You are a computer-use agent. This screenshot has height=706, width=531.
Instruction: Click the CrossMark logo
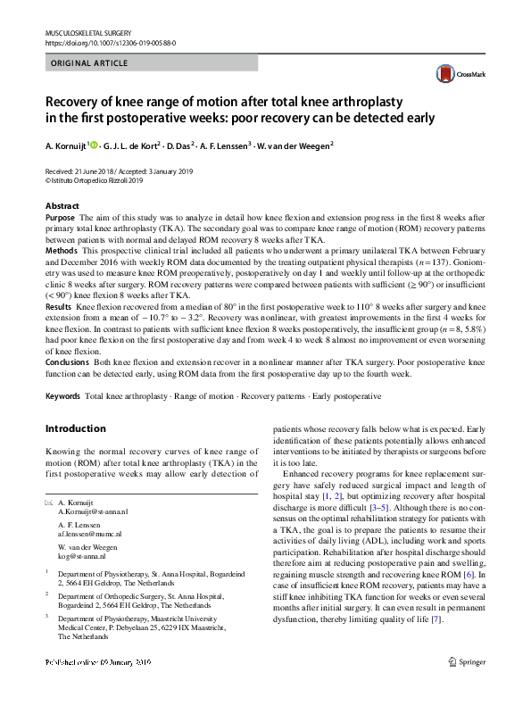tap(455, 75)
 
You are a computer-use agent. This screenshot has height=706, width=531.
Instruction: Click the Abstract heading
tap(62, 206)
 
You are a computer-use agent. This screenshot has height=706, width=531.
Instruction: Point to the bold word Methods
tap(62, 253)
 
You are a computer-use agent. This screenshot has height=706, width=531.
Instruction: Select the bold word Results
tap(59, 305)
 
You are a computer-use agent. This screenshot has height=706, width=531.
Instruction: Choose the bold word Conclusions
tap(68, 363)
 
